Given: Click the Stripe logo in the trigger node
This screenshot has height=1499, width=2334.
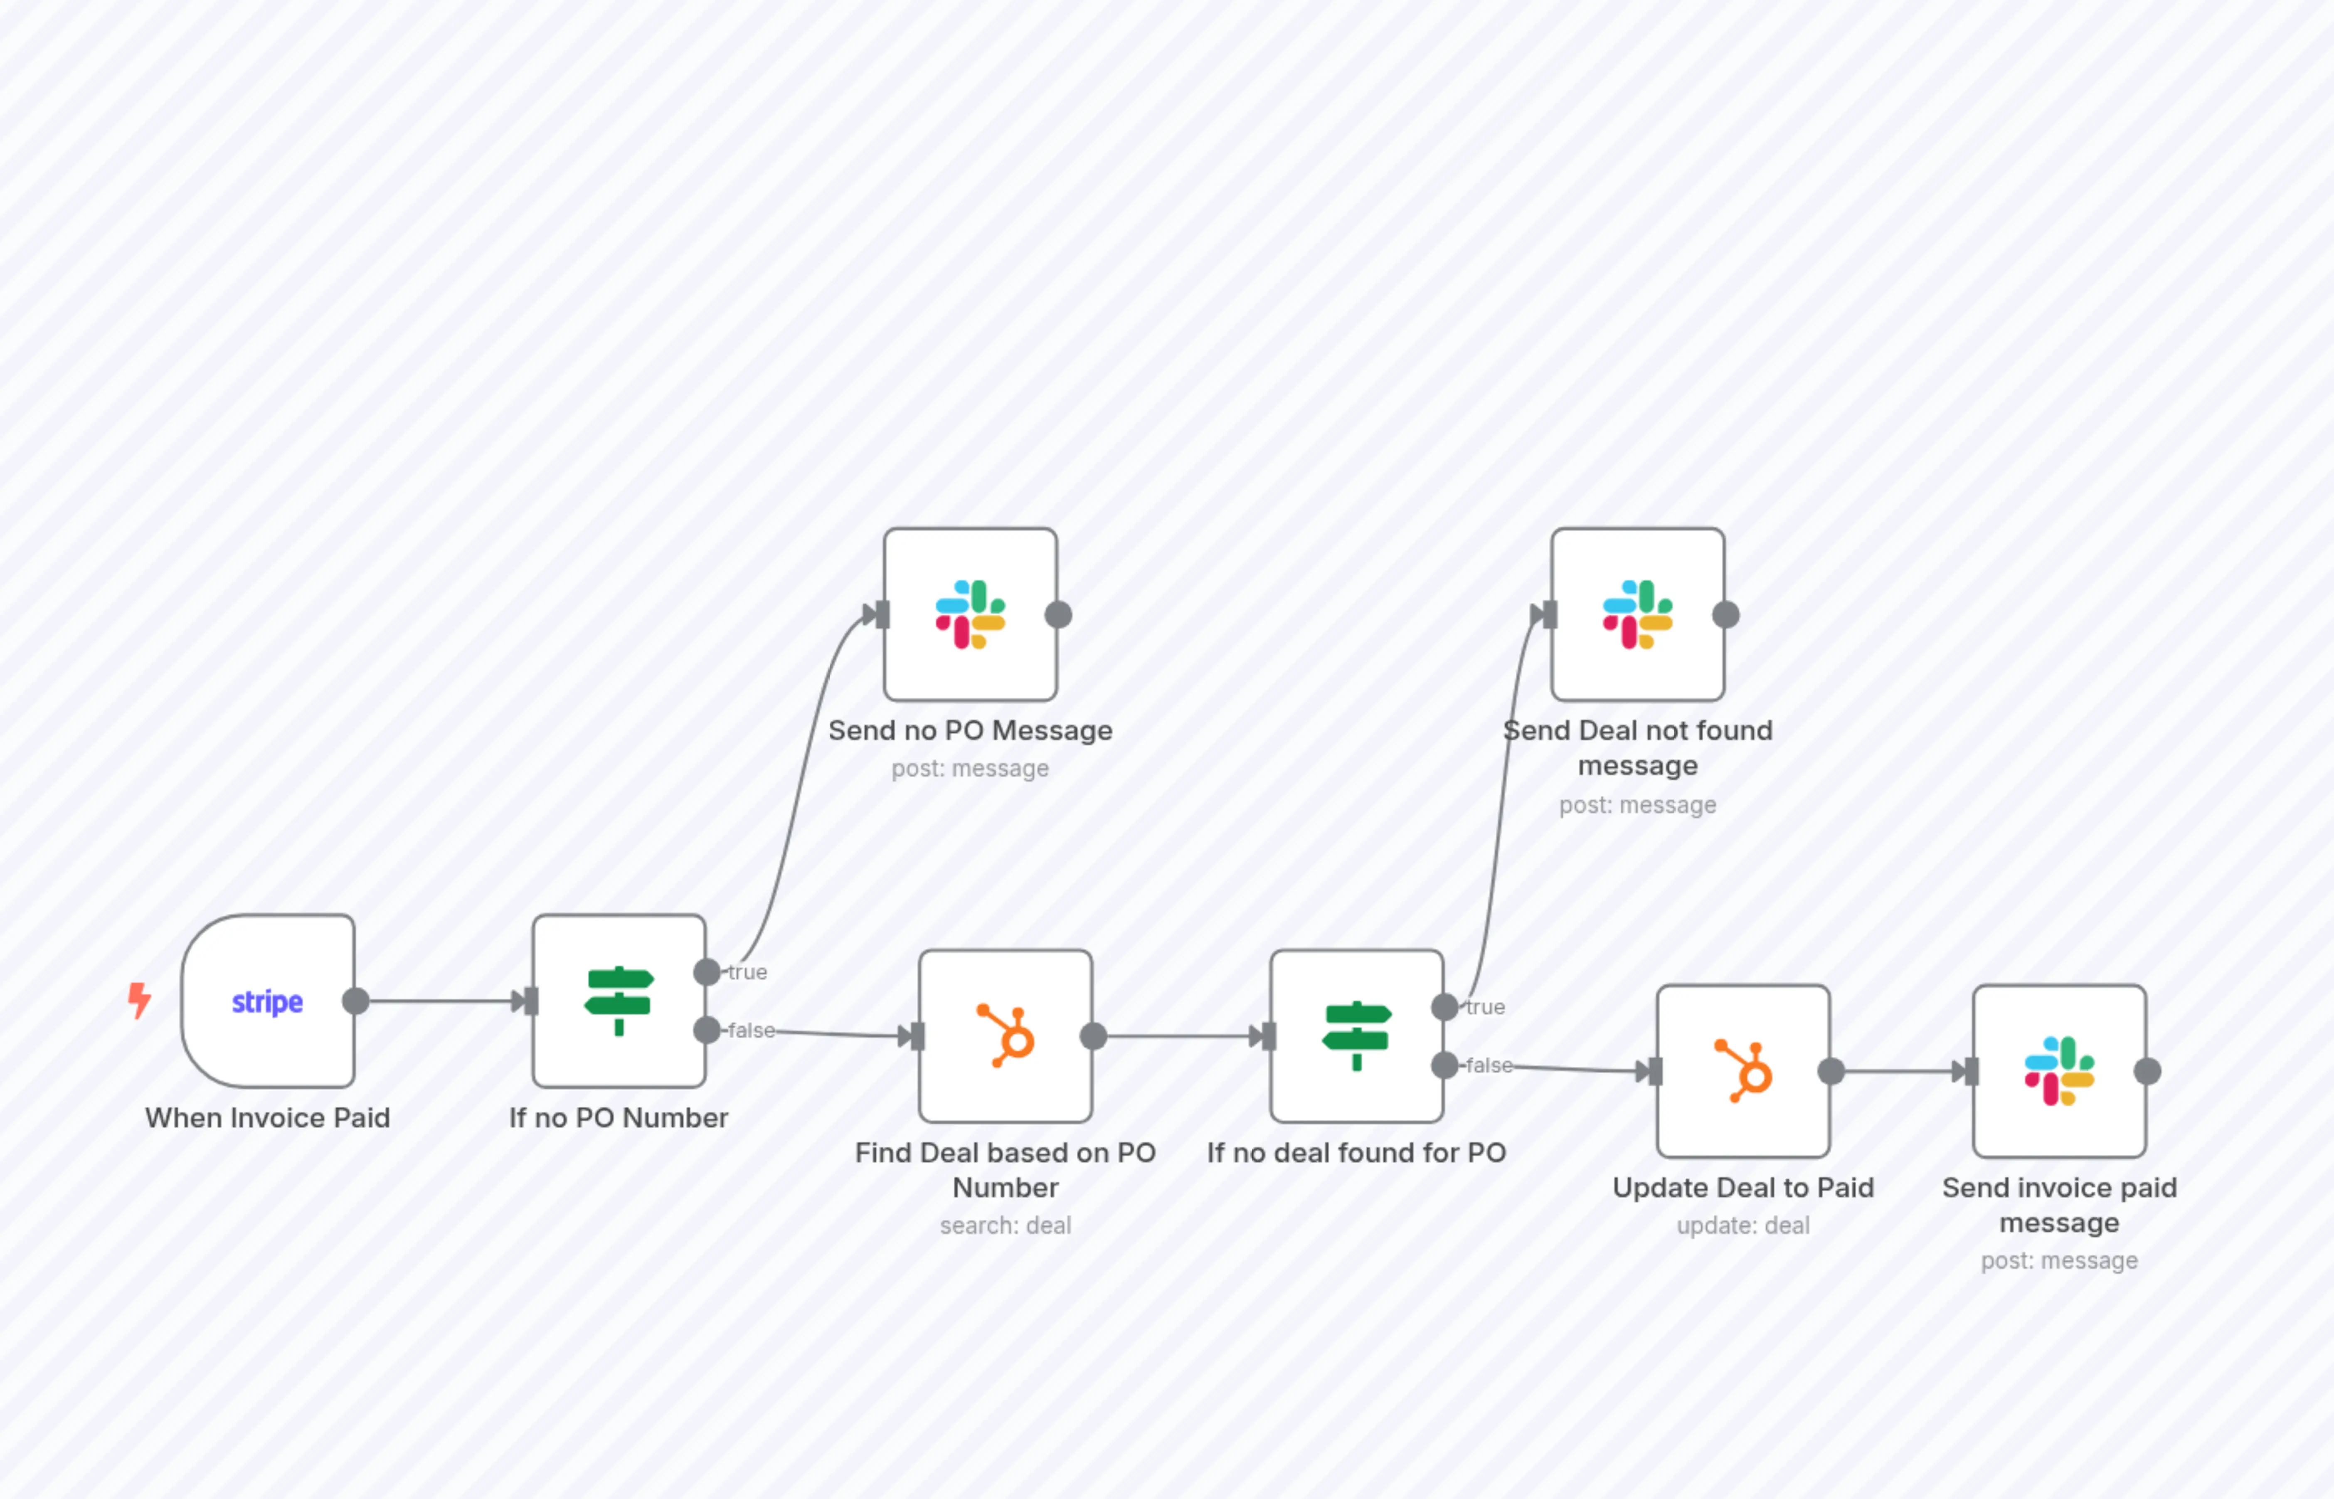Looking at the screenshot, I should point(267,1001).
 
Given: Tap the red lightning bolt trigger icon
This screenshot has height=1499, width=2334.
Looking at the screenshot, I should point(139,1000).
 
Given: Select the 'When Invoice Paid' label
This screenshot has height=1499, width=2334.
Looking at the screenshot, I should point(268,1117).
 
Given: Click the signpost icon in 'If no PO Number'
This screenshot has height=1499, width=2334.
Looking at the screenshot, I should point(619,1001).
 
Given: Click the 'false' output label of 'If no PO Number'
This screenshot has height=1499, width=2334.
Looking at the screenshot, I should point(752,1030).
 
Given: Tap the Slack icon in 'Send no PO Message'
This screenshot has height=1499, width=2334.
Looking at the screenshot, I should point(971,614).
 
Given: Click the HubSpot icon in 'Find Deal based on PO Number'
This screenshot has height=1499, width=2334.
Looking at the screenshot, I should point(1006,1035).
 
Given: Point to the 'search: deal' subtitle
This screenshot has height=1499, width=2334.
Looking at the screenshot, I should point(1006,1225).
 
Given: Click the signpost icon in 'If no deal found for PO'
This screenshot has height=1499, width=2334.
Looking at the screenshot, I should point(1357,1035).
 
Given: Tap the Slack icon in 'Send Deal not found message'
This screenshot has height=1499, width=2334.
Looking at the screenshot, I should point(1638,614).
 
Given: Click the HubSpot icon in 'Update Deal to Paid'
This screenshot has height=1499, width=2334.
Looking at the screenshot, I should point(1744,1071).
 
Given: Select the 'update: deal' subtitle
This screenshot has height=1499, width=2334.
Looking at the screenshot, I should point(1743,1225).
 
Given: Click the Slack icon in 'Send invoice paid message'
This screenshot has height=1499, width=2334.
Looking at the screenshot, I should point(2060,1071).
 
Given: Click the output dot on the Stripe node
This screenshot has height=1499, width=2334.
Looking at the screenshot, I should point(356,1001).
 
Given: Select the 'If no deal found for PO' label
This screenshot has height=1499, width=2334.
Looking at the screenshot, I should point(1357,1152).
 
